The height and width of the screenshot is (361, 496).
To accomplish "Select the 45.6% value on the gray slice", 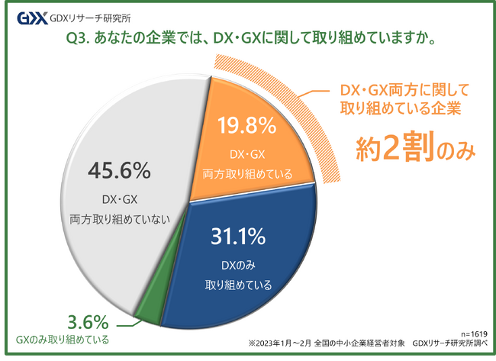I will tap(119, 170).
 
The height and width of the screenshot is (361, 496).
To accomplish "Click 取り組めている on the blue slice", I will tap(238, 286).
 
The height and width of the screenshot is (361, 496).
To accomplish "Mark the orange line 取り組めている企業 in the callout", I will tap(400, 108).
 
